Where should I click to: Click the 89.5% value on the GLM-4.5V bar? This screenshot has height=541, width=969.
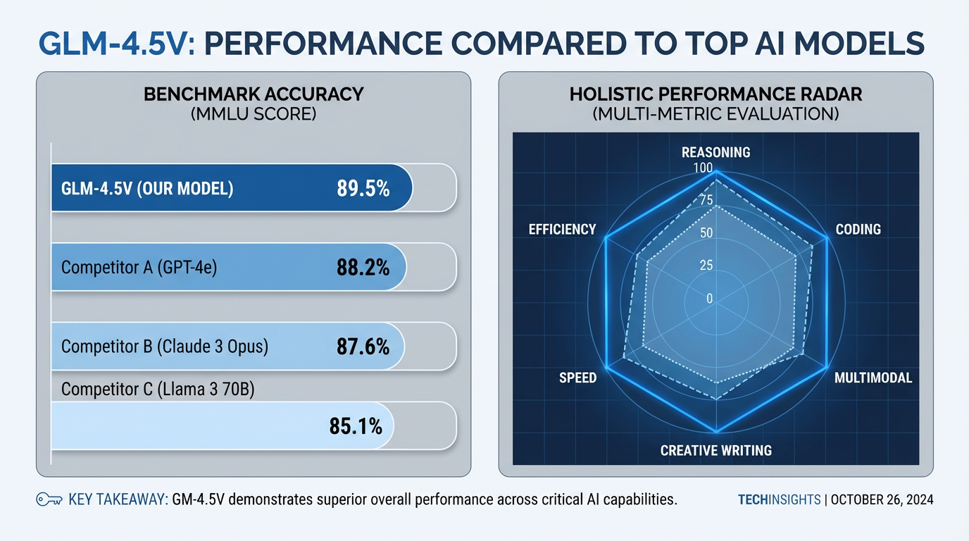click(x=363, y=188)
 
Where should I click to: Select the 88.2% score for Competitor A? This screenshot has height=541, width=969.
click(x=363, y=268)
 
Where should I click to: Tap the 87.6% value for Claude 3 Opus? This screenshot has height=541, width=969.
click(x=363, y=347)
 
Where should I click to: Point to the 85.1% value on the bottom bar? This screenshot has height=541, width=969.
click(x=356, y=425)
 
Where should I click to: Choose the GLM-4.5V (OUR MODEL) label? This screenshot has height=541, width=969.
click(x=147, y=189)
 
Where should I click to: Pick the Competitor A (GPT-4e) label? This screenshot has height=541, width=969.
click(x=135, y=268)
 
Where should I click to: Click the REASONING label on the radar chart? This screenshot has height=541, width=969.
click(x=715, y=152)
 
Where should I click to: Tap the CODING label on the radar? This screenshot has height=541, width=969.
click(x=858, y=230)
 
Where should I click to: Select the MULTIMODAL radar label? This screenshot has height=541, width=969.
click(x=873, y=378)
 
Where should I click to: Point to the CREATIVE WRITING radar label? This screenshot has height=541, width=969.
click(x=715, y=450)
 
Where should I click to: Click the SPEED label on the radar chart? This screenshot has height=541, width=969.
click(x=577, y=378)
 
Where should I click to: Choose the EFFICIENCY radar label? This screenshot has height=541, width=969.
click(x=562, y=230)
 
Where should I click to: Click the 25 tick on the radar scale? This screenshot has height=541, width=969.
click(x=706, y=266)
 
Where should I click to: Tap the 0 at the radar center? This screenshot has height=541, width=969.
click(x=709, y=299)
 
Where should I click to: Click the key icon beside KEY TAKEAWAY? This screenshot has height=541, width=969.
click(x=48, y=500)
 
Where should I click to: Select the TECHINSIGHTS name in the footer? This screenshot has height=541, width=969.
click(x=779, y=500)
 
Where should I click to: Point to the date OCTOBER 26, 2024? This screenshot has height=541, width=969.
click(x=882, y=500)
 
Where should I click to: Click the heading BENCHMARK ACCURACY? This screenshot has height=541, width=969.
click(x=254, y=94)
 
